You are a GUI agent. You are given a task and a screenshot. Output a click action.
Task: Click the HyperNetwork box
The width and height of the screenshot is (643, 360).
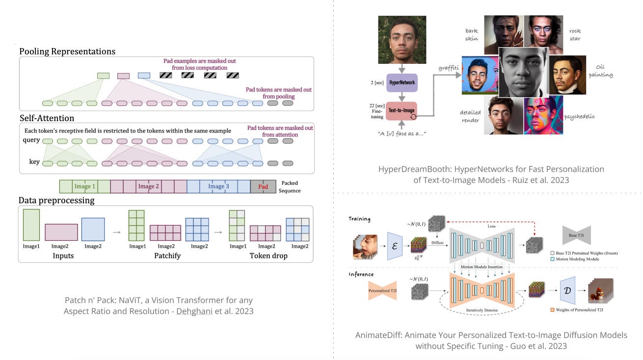(402, 82)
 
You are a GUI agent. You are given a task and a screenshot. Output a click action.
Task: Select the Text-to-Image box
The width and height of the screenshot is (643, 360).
(402, 111)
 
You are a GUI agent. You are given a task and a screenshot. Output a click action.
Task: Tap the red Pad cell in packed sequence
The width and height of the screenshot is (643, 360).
(263, 186)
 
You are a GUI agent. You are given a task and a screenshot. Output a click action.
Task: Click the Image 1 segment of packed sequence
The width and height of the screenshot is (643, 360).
(84, 186)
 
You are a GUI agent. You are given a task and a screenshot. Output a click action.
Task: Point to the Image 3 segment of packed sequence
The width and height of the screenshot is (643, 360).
(218, 186)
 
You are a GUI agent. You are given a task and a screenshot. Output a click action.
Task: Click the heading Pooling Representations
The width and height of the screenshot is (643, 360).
(67, 51)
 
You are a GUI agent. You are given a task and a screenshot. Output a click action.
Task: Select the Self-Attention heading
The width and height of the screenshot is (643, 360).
(47, 118)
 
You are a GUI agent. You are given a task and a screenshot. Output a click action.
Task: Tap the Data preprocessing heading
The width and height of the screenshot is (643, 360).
(56, 200)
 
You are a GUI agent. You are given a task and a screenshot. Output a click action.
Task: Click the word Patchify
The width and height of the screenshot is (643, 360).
(166, 256)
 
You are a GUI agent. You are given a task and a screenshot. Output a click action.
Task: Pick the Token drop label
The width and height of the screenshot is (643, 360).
(268, 256)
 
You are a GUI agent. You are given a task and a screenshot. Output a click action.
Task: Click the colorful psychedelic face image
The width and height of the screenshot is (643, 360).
(543, 115)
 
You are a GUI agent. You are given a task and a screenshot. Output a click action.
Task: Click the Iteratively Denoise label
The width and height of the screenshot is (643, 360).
(482, 310)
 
